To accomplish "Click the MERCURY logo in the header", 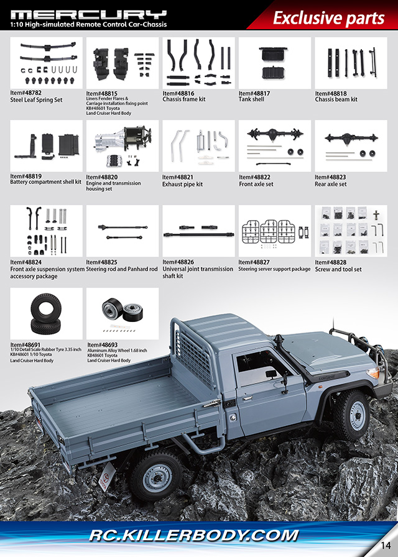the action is (88, 14).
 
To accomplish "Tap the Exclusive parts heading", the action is (328, 18).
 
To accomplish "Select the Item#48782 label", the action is (25, 93).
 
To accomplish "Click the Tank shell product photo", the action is (275, 63).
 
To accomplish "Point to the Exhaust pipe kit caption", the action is (182, 185).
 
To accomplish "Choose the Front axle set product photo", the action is (275, 146).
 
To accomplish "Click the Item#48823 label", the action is (330, 177).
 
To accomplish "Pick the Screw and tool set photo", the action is (351, 231).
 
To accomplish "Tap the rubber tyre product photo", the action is (46, 314).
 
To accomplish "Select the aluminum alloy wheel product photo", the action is (123, 314).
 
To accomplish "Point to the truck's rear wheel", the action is (155, 474).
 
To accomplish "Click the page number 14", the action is (386, 545).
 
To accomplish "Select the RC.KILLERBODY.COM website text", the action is (193, 535).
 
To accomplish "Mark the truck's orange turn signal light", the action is (373, 373).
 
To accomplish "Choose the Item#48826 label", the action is (178, 262).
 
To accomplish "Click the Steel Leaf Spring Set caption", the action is (36, 100).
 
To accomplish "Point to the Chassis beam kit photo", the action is (351, 63).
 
